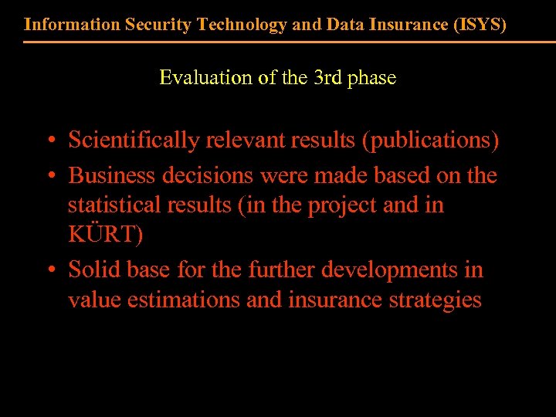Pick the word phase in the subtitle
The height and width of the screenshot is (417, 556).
click(x=373, y=78)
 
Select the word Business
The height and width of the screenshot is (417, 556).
click(x=113, y=175)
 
